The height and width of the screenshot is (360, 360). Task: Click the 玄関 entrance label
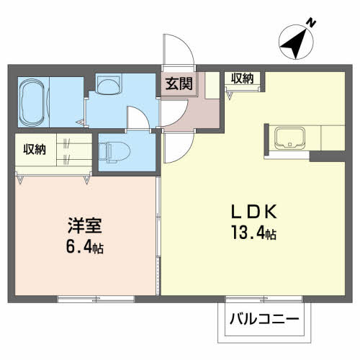(180, 82)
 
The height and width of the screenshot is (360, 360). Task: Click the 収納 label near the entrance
(241, 78)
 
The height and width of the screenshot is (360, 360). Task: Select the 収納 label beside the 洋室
(34, 149)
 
